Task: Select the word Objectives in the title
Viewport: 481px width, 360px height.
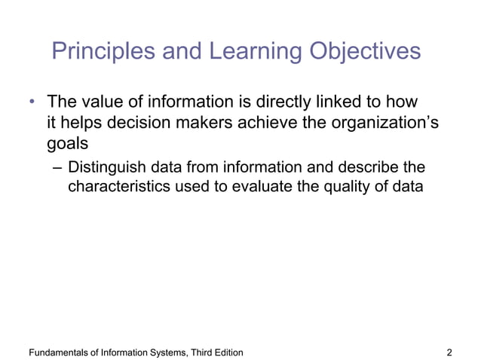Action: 365,51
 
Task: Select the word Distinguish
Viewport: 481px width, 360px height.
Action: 107,166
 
